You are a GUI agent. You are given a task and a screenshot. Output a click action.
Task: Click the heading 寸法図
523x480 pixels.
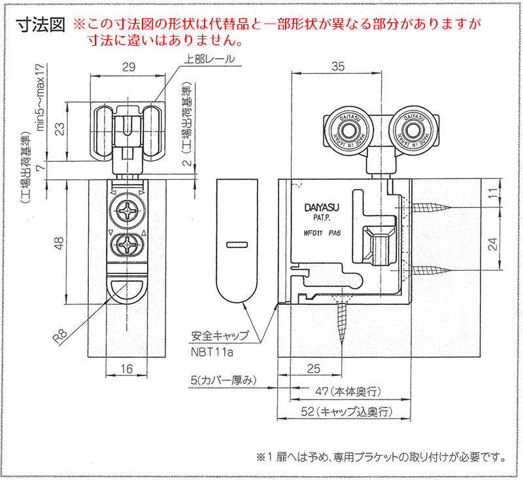pos(39,26)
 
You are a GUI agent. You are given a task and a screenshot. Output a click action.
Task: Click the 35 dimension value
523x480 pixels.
pos(337,67)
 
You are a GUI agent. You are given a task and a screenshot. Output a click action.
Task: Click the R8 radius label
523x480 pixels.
pos(61,338)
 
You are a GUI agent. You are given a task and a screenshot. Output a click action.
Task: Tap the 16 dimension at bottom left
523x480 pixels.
pos(127,369)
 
